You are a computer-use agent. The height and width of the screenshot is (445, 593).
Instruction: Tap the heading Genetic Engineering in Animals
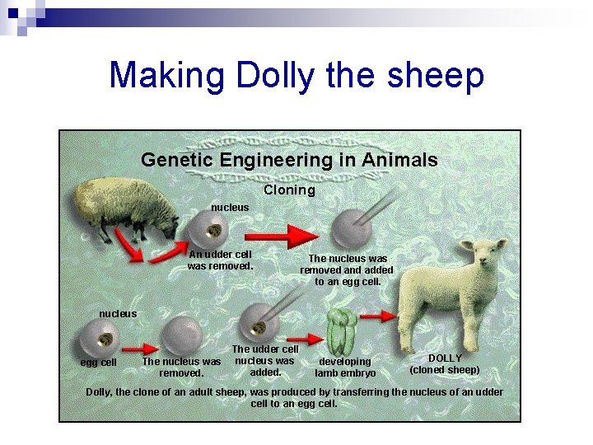point(289,160)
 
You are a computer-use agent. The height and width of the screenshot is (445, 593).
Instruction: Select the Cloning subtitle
point(289,190)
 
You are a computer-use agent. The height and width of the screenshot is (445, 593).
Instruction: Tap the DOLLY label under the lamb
point(445,358)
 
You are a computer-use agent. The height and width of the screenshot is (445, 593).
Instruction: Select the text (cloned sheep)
point(445,370)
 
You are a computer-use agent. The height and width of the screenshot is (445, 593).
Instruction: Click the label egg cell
point(98,363)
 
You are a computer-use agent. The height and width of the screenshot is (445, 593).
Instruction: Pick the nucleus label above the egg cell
point(118,313)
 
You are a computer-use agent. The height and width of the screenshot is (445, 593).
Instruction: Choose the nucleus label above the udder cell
point(230,207)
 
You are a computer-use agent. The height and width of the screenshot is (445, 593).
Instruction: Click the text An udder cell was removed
point(220,260)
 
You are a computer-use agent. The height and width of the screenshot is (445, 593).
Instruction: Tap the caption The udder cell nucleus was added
point(265,361)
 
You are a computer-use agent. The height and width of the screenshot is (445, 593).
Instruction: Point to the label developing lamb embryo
point(345,368)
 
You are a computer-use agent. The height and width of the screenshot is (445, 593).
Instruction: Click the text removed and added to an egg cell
point(347,275)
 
